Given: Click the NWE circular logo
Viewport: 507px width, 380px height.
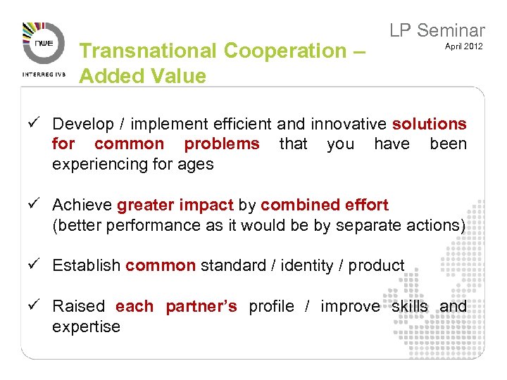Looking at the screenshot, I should click(42, 44).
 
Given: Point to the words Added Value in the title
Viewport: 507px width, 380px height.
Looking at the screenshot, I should click(143, 75).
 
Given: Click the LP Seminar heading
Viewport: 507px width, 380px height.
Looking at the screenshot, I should click(437, 30).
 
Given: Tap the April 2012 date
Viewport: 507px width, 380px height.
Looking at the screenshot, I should click(463, 46).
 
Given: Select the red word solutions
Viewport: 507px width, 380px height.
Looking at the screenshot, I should click(429, 124).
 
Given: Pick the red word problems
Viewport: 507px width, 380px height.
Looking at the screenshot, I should click(222, 144).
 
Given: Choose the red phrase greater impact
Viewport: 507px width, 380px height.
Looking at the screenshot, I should click(175, 205).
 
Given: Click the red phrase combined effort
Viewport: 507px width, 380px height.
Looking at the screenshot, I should click(324, 205).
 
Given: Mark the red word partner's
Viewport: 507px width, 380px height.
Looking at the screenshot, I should click(201, 306).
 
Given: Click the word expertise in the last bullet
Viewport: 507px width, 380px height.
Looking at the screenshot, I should click(86, 327).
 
